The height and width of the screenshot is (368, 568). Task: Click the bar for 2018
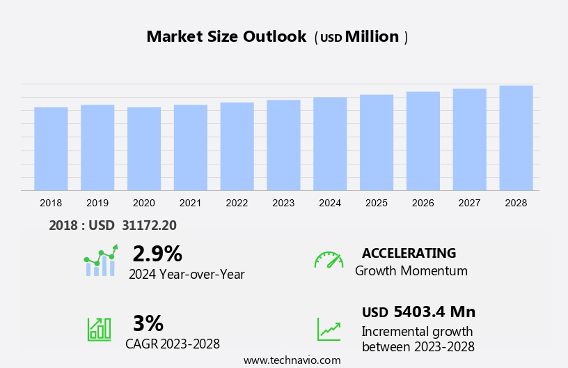tap(51, 148)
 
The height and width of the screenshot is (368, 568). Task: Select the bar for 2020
tap(144, 148)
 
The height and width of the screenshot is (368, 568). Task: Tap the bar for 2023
tap(283, 145)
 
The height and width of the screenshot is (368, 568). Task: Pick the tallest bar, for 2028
tap(516, 138)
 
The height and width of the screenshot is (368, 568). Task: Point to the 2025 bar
tap(377, 142)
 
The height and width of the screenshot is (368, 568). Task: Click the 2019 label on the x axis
tap(97, 203)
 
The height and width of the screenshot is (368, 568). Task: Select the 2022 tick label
tap(237, 203)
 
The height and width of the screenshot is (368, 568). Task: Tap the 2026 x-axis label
tap(423, 203)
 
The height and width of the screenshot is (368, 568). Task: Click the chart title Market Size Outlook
tap(226, 37)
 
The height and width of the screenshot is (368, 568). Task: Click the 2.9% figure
tap(157, 253)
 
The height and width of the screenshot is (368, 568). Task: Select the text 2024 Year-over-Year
tap(187, 274)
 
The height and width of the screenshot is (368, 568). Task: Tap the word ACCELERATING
tap(409, 253)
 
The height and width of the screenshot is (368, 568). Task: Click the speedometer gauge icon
tap(329, 260)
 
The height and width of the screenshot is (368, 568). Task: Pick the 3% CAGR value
tap(148, 323)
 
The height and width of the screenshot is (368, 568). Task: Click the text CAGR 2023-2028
tap(173, 344)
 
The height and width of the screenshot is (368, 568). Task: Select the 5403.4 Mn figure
tap(434, 312)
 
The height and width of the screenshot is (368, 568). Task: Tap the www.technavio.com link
tap(292, 360)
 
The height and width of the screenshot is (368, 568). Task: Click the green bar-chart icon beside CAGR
tap(99, 328)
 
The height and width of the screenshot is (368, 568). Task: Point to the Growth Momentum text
tap(411, 270)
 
